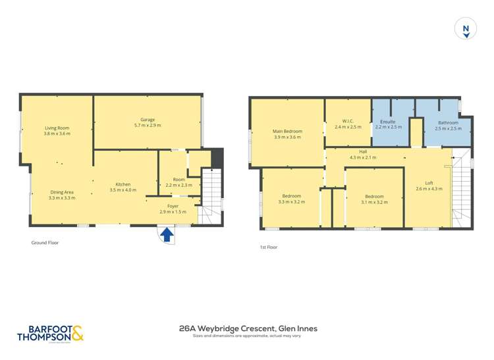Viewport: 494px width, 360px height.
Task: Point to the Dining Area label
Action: [x=62, y=195]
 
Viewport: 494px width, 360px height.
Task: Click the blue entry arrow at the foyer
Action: [x=167, y=233]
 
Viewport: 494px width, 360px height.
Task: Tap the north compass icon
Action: [x=466, y=29]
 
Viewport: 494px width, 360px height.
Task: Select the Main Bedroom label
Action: [x=287, y=134]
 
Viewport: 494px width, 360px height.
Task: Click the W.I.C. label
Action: [x=348, y=124]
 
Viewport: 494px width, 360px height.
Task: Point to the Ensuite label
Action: [x=388, y=124]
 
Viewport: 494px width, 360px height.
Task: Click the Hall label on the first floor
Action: [x=362, y=154]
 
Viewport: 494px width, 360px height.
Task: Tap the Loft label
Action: [x=429, y=186]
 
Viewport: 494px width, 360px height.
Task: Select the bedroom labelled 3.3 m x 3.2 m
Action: [x=291, y=199]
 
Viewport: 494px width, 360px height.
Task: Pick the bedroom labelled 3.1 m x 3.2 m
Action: [x=374, y=199]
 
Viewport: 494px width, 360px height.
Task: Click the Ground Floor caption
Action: [x=45, y=242]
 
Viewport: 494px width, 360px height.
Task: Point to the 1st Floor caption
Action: [x=268, y=247]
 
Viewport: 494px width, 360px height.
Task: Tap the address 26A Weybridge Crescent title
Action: [x=248, y=328]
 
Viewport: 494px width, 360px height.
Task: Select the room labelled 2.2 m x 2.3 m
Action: [x=178, y=182]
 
